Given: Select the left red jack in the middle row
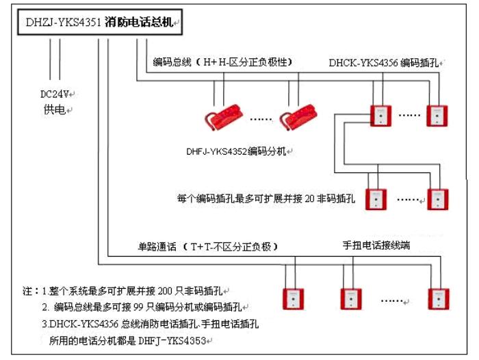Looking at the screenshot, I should (375, 198).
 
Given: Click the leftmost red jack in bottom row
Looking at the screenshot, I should (293, 298).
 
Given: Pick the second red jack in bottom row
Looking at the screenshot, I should (350, 298).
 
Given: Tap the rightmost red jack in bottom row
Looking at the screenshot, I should (439, 298).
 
